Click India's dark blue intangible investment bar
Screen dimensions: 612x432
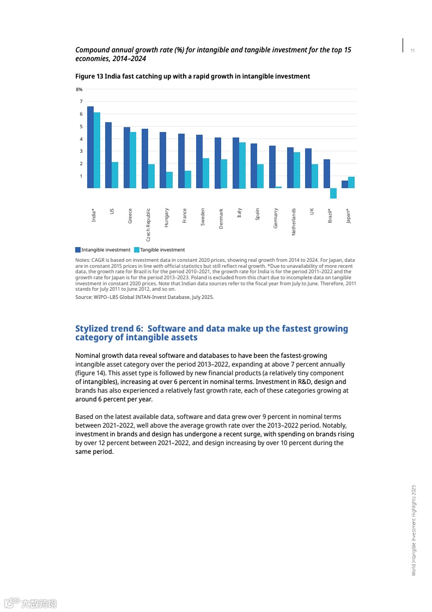pos(90,147)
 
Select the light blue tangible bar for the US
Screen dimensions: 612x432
pos(115,175)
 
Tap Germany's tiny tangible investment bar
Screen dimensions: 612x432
pos(278,187)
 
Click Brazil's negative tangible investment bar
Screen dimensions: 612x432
pos(333,194)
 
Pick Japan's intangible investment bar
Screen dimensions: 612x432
pos(344,184)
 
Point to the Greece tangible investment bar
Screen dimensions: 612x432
pos(133,160)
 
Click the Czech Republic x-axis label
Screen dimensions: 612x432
pos(148,224)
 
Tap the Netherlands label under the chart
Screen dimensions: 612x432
pos(294,221)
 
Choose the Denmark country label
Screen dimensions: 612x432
pos(221,218)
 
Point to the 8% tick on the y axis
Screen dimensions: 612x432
pos(79,89)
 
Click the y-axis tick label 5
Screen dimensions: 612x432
pos(81,127)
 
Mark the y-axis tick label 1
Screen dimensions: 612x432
pos(81,176)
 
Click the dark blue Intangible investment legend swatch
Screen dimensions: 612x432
pos(78,250)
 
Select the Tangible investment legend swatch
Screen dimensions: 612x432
pos(137,250)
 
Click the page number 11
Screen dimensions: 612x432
pos(412,51)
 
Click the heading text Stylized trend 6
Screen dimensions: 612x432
pos(109,329)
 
